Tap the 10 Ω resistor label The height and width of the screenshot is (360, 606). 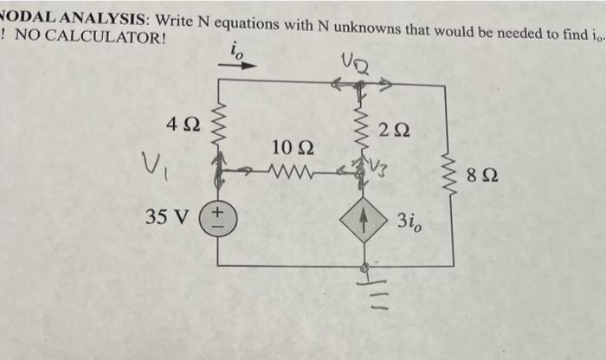tap(286, 147)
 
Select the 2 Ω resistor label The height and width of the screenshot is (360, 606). tap(395, 132)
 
